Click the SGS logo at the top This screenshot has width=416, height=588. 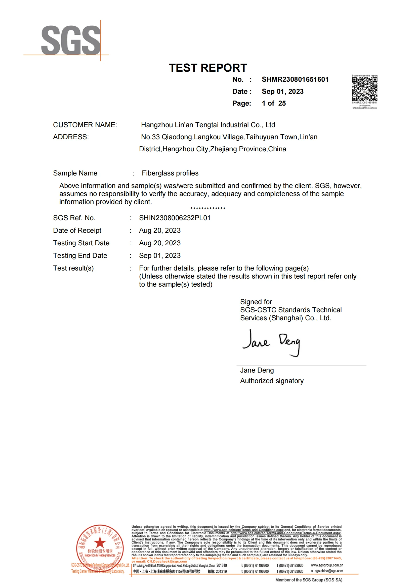pos(71,40)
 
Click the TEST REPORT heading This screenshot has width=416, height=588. pos(208,68)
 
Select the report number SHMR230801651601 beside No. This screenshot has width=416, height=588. pos(295,79)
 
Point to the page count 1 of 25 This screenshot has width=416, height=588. pos(274,103)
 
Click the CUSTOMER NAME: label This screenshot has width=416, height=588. pos(85,125)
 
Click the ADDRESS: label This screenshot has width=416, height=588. pos(71,137)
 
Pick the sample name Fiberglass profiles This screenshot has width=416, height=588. pos(170,173)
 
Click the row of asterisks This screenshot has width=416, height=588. pos(208,209)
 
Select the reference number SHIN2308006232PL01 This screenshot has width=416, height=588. pos(175,218)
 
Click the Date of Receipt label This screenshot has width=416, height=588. pos(77,230)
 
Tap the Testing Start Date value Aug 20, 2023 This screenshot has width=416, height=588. pos(160,243)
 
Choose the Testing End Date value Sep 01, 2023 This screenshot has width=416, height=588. pos(160,255)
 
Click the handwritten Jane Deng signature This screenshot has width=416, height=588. pos(271,342)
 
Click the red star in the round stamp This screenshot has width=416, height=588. pos(100,542)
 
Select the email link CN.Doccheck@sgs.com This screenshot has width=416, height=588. pos(167,561)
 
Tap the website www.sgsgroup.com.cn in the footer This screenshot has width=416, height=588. pos(327,565)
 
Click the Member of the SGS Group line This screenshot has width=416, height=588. pos(309,580)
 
